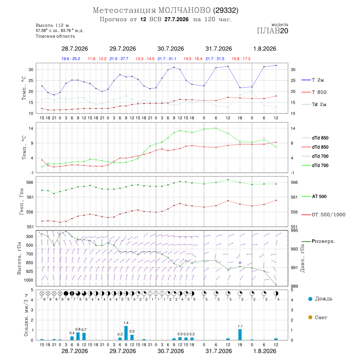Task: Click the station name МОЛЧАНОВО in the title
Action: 184,10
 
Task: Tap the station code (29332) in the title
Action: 226,10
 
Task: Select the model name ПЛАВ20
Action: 272,31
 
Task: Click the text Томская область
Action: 55,36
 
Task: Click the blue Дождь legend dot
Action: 310,299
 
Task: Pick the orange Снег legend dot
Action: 310,317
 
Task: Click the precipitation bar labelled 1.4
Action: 126,333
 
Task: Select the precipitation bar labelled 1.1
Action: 240,334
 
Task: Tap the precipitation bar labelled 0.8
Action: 78,336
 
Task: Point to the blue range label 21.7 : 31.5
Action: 215,59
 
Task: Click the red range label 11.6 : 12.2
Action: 97,59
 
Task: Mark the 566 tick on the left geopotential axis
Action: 30,182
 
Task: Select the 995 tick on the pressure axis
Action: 294,230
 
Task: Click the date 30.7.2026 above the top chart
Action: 170,49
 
